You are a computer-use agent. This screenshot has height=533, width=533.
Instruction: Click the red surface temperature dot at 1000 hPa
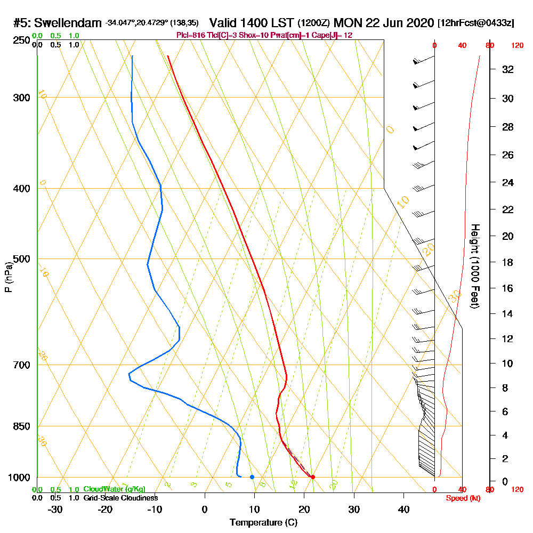coord(313,477)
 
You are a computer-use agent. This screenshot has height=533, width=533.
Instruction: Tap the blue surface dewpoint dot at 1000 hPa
coord(252,477)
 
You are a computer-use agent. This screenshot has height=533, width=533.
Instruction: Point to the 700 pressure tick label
coord(20,365)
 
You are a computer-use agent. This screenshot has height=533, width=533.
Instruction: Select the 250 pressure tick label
coord(20,41)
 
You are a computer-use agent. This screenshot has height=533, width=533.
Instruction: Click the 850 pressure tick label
coord(20,426)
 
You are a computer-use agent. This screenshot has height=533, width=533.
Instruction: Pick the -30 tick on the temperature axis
coord(55,509)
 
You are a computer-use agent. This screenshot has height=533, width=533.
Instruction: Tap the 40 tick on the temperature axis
coord(403,509)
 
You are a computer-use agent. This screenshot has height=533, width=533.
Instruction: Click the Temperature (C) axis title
coord(263,522)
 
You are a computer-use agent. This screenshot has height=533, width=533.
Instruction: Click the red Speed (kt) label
coord(462,498)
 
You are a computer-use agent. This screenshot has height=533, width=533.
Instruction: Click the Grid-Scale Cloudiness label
coord(120,498)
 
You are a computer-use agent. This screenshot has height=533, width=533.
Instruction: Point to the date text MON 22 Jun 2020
coord(384,23)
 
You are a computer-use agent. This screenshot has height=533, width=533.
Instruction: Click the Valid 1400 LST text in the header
coord(252,23)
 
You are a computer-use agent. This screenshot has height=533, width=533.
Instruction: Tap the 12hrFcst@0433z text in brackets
coord(475,23)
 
